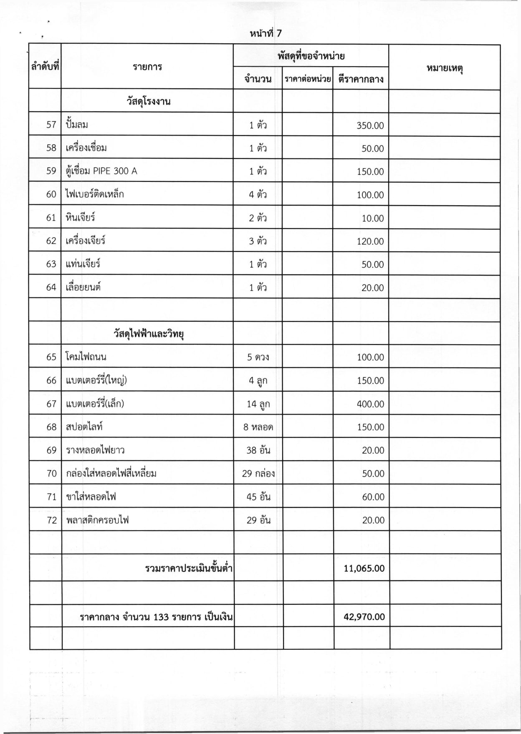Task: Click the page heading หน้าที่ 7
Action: coord(266,34)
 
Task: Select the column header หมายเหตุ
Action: coord(445,68)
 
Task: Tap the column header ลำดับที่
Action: coord(45,66)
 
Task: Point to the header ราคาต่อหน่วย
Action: coord(308,79)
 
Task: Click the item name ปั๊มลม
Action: coord(77,124)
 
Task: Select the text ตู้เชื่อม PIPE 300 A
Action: coord(101,171)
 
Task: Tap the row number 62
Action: coord(51,241)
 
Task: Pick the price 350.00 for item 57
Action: coord(370,126)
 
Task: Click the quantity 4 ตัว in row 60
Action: coord(258,195)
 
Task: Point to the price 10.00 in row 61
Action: coord(372,218)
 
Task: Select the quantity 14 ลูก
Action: coord(258,404)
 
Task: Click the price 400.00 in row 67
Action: coord(370,404)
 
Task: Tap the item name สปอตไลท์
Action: coord(84,427)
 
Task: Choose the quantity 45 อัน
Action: coord(258,497)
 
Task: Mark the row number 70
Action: coord(51,473)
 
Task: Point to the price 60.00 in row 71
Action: coord(372,497)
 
